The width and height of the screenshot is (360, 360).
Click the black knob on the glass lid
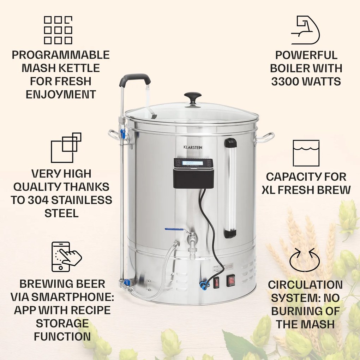tap(192, 96)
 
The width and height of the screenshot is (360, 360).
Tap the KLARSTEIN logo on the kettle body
tap(193, 147)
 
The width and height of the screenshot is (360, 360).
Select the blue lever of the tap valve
tap(174, 229)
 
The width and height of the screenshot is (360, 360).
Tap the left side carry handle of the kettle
tap(116, 136)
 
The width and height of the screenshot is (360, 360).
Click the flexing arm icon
tap(305, 30)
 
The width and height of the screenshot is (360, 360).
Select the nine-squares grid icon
tap(58, 30)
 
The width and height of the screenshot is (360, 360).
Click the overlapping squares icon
tap(66, 148)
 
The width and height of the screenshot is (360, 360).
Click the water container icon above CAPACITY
tap(306, 153)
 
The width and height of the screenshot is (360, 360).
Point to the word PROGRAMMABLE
tap(60, 55)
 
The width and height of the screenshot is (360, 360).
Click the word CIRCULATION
tap(305, 284)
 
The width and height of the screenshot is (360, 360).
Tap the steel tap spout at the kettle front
tap(192, 244)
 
